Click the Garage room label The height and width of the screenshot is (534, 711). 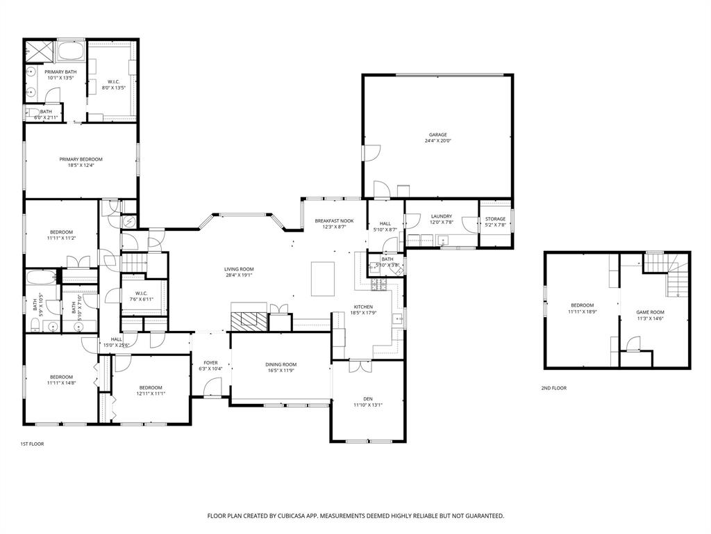coord(437,134)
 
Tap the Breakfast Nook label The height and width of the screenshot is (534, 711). coord(333,220)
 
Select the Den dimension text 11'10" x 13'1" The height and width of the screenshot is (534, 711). coord(367,405)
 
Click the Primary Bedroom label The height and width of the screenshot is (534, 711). coord(81,159)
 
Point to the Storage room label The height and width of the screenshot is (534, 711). coord(495,219)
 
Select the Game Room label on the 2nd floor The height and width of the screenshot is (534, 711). coord(651,312)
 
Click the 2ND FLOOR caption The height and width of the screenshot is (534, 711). coord(553,388)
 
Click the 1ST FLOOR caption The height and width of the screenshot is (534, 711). coord(32,443)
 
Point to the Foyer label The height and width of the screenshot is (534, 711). coord(210,362)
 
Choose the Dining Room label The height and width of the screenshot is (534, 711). coord(281,364)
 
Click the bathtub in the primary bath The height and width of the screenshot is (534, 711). coord(70,51)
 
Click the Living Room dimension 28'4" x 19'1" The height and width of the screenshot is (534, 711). coord(238,275)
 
